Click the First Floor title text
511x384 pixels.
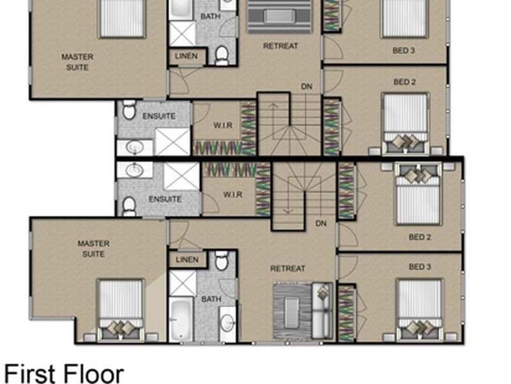point(64,373)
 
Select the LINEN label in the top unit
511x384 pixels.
point(187,56)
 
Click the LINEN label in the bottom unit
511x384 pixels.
point(187,259)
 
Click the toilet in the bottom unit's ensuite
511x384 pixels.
point(129,205)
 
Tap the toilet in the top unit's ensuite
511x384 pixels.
point(128,111)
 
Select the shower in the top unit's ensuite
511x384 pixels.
point(172,141)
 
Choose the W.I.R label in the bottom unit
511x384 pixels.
point(233,195)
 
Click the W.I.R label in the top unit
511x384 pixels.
point(222,124)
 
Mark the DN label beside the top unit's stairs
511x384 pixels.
point(307,86)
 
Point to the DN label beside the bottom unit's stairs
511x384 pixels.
point(321,223)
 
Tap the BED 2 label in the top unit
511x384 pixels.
point(405,82)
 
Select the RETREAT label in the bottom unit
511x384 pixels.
point(287,269)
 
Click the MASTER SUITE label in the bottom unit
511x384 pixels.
point(93,248)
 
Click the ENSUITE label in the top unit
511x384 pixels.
point(158,116)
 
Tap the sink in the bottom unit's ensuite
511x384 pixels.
point(134,170)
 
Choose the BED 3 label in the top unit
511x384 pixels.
point(404,50)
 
